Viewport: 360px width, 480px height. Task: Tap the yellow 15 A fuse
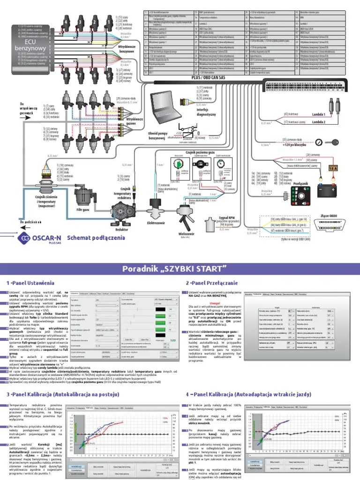(333, 168)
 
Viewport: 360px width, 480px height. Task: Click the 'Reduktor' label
(122, 230)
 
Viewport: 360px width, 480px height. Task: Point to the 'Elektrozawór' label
(157, 223)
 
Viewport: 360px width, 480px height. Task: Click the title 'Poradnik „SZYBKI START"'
(180, 268)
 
